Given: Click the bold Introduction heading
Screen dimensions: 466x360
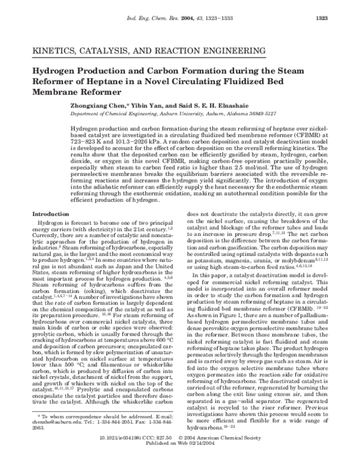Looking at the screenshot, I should [50, 214].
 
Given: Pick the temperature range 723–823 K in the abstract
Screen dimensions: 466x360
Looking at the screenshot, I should [88, 143].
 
